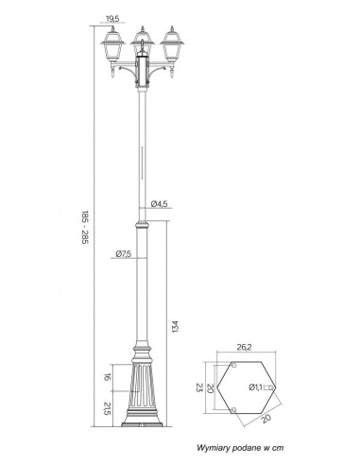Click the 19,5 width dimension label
112,19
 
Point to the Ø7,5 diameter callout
124,254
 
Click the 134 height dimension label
176,326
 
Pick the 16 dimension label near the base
108,377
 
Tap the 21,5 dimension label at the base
108,408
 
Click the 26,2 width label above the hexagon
244,347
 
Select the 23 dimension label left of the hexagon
199,387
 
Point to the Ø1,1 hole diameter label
255,387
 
